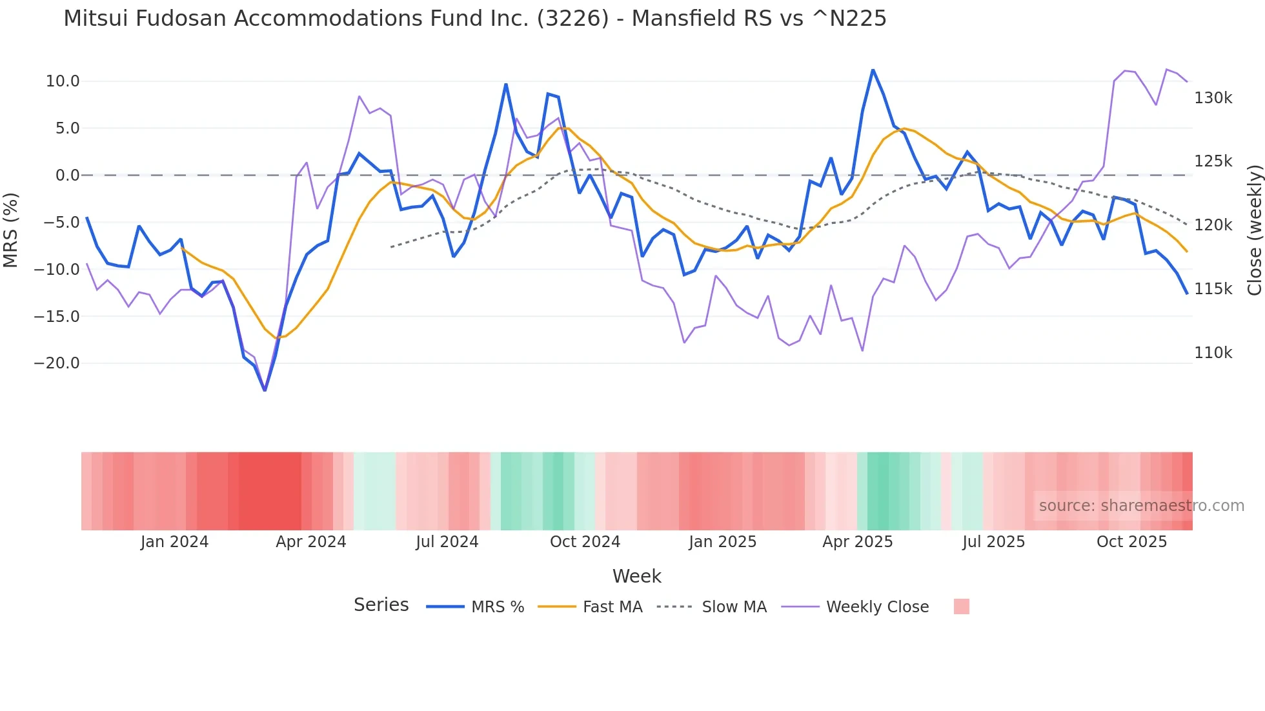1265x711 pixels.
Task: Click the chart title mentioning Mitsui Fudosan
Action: click(x=475, y=19)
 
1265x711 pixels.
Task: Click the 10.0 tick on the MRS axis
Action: click(x=63, y=81)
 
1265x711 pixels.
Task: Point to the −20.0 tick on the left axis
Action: click(x=57, y=363)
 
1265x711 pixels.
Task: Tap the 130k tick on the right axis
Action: click(x=1213, y=98)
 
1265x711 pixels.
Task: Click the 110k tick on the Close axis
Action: click(x=1213, y=353)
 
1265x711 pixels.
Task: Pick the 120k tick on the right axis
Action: click(x=1213, y=225)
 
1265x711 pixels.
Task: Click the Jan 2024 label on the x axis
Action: click(x=174, y=542)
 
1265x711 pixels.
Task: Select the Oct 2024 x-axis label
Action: click(x=585, y=542)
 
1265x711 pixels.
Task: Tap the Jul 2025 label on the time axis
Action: click(x=993, y=542)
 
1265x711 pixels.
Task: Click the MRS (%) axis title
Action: click(x=11, y=230)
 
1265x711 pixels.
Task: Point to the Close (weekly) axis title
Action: click(x=1254, y=230)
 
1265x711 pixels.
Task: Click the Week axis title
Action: click(x=636, y=576)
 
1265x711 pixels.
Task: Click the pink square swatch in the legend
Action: click(x=961, y=606)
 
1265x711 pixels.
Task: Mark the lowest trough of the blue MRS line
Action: click(x=265, y=390)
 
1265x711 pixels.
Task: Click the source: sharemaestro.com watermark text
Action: click(x=1141, y=506)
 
